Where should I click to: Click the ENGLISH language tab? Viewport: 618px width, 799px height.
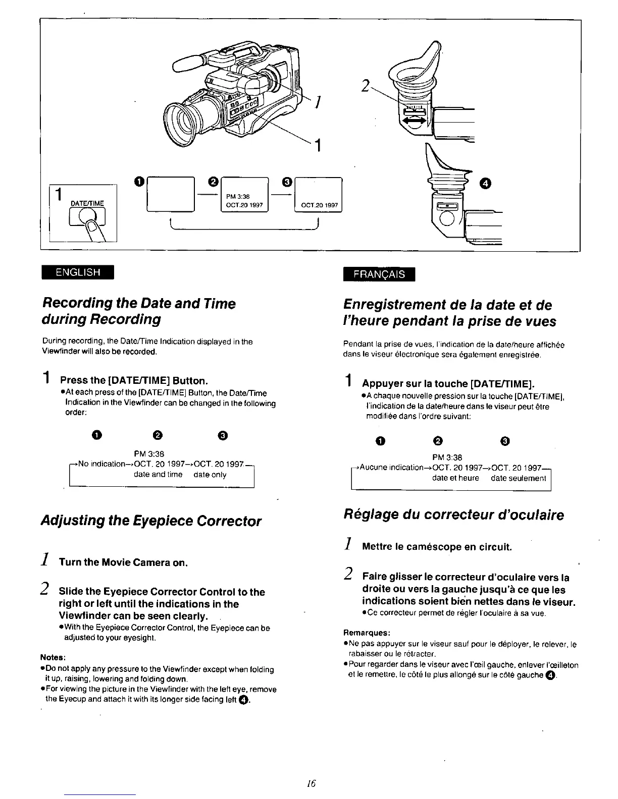tap(78, 272)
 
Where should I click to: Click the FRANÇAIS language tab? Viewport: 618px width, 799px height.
tap(379, 274)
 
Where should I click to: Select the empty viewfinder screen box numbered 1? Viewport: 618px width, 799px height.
tap(170, 194)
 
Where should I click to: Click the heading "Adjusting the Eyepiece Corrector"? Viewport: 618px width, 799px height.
tap(151, 521)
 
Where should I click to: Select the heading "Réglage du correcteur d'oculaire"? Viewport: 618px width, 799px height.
tap(453, 515)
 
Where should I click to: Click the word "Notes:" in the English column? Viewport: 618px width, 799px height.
tap(53, 657)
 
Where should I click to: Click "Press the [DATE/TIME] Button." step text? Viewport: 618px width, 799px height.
tap(134, 380)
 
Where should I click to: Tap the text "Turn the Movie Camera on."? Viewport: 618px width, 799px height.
tap(123, 562)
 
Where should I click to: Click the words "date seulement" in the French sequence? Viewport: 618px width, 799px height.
tap(518, 478)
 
